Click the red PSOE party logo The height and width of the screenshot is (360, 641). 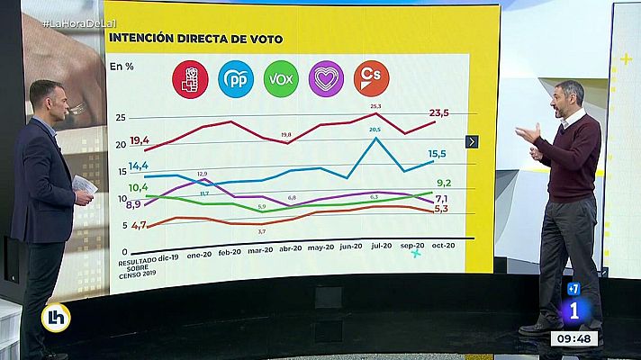190,79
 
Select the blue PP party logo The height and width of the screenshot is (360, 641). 236,79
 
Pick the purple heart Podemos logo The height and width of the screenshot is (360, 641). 326,79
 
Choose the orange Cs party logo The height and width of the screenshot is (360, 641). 371,79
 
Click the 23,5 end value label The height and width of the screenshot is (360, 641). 439,112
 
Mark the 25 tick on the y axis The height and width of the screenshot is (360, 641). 120,118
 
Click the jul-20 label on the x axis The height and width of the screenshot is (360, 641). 381,245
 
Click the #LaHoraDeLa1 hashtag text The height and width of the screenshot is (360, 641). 77,21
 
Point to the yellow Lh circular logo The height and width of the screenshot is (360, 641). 56,318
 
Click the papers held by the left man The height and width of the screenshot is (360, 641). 84,186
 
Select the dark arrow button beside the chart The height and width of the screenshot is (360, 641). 472,141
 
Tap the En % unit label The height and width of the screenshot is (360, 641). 122,66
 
